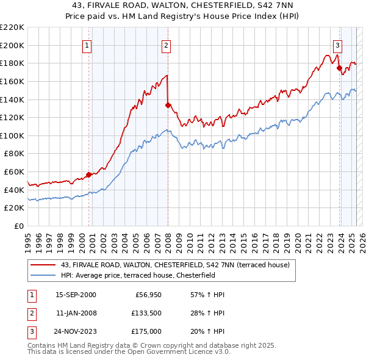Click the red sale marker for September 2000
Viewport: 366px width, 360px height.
point(89,175)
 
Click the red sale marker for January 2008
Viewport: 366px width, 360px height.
point(168,105)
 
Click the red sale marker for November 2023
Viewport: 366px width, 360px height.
point(339,68)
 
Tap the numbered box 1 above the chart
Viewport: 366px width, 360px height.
point(87,45)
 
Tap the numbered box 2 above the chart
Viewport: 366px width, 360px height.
point(166,45)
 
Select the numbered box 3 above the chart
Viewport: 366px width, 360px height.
point(337,45)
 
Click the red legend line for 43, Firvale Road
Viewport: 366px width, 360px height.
point(43,265)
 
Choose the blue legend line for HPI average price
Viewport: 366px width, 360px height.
point(43,275)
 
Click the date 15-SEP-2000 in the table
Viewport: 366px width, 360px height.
point(76,295)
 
